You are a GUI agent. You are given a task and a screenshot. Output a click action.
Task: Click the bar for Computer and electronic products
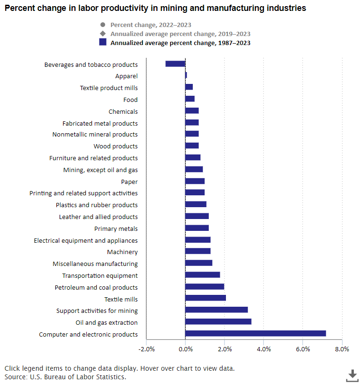[255, 334]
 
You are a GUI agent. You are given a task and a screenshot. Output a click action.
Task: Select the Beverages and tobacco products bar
[175, 64]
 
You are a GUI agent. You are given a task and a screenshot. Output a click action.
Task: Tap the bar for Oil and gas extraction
[218, 322]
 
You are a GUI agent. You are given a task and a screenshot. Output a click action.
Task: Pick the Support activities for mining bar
[216, 310]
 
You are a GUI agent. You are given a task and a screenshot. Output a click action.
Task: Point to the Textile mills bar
[206, 298]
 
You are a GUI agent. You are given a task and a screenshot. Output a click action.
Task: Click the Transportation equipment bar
[203, 275]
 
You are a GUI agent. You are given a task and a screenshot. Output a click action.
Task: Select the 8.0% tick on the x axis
[342, 349]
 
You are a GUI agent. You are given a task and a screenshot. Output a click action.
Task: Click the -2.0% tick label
[146, 349]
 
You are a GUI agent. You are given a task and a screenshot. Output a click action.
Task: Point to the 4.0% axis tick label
[263, 349]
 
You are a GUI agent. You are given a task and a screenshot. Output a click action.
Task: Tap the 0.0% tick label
[185, 349]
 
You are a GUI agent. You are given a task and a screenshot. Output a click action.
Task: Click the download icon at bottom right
[352, 375]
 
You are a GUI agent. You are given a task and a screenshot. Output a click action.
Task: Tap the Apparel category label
[126, 76]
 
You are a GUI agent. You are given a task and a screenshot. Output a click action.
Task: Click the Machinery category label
[122, 252]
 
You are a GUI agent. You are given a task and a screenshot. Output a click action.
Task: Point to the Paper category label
[129, 182]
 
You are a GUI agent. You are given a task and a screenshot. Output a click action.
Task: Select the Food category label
[130, 100]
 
